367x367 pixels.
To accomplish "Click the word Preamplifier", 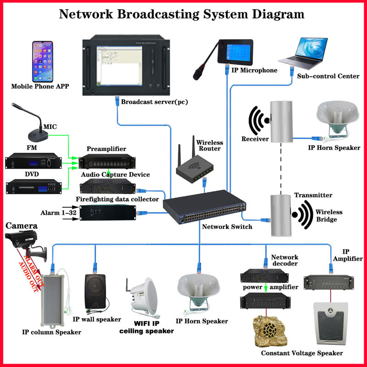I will click(106, 149).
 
